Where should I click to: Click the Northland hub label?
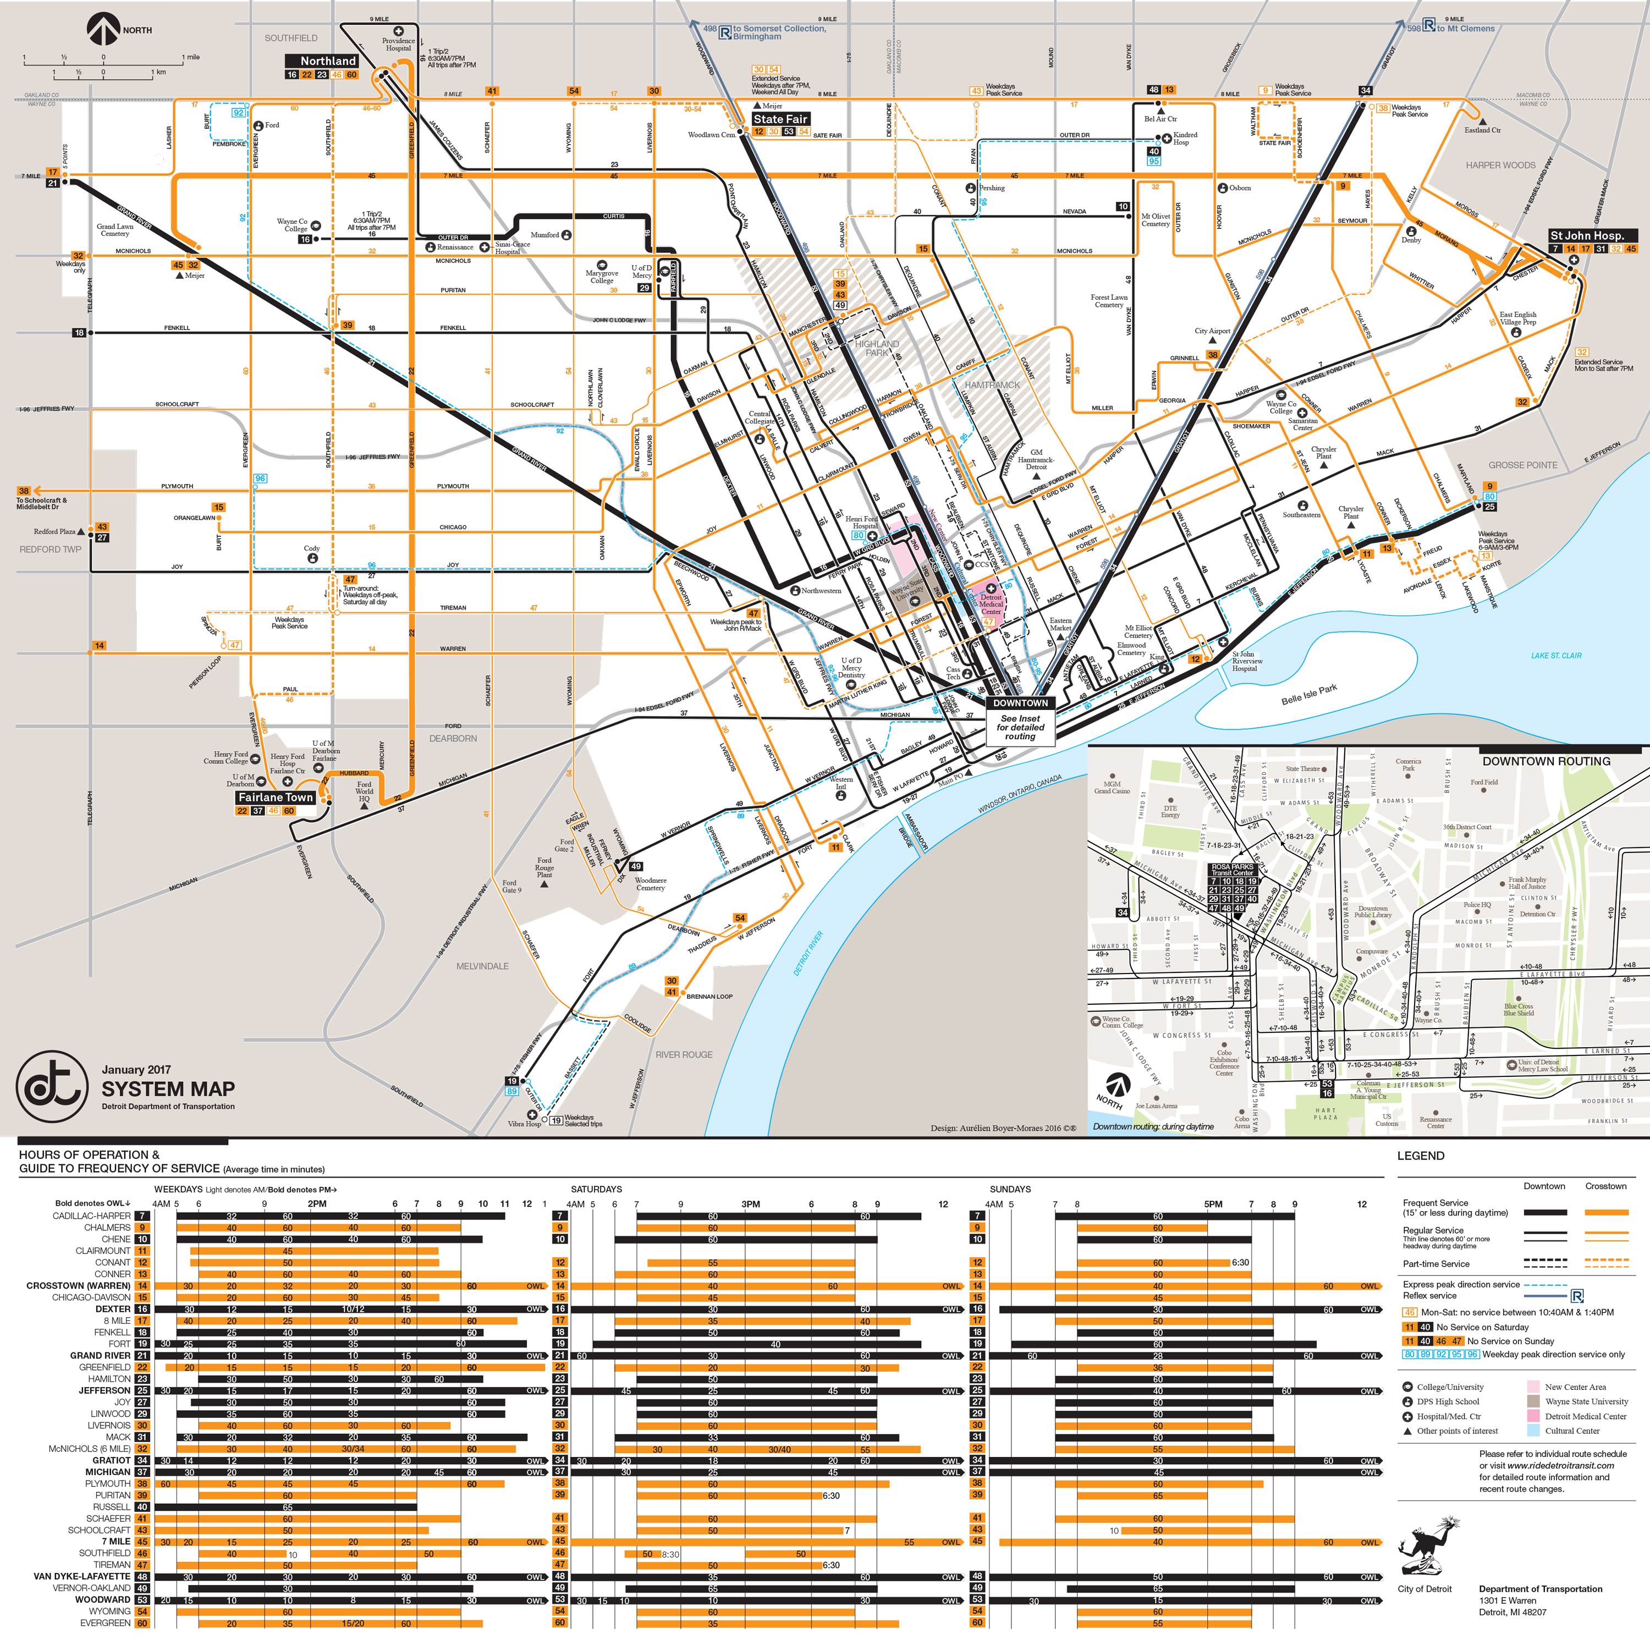pos(328,61)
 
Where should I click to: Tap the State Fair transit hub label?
pos(780,119)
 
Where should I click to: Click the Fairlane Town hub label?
pos(275,797)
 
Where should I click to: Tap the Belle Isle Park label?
pos(1308,694)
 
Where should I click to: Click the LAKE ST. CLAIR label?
pos(1556,655)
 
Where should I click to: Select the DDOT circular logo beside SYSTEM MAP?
pos(51,1086)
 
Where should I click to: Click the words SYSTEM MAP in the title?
pos(168,1089)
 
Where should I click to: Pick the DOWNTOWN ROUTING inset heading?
pos(1546,761)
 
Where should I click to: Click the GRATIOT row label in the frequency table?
pos(111,1460)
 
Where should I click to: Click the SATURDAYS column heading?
pos(596,1189)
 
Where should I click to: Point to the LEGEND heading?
pos(1420,1156)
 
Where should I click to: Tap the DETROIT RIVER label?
pos(808,953)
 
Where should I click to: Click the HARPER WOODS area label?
pos(1500,165)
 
